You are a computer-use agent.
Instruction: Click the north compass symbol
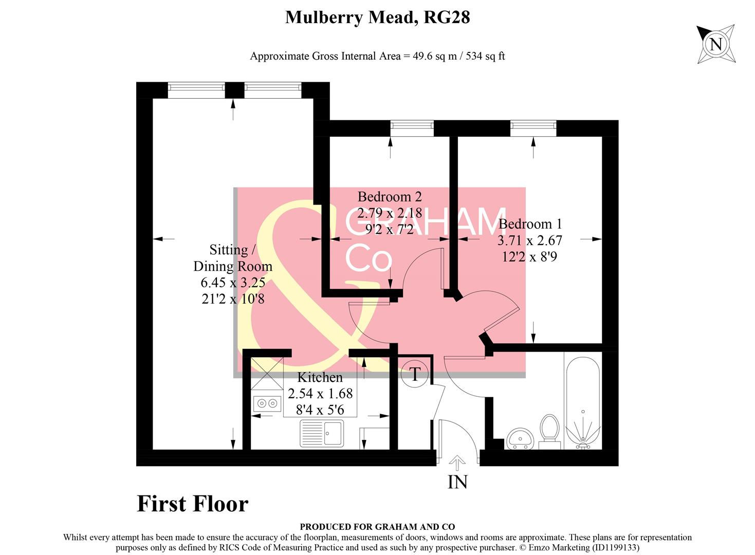pyautogui.click(x=715, y=44)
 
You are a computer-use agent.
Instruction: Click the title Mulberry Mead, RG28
pyautogui.click(x=377, y=17)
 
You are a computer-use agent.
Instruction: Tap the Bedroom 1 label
pyautogui.click(x=530, y=224)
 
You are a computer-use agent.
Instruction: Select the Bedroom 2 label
pyautogui.click(x=390, y=196)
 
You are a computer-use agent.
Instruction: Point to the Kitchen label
pyautogui.click(x=320, y=377)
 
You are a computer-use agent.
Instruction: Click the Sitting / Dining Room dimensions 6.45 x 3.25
pyautogui.click(x=233, y=282)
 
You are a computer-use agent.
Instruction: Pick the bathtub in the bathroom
pyautogui.click(x=582, y=401)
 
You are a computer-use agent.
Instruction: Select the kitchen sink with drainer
pyautogui.click(x=322, y=433)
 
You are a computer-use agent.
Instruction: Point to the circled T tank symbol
pyautogui.click(x=415, y=373)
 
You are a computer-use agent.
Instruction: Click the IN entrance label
pyautogui.click(x=457, y=482)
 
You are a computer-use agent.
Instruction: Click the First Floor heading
pyautogui.click(x=192, y=504)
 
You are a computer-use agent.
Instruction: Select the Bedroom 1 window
pyautogui.click(x=533, y=127)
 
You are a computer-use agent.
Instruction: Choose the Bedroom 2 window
pyautogui.click(x=412, y=127)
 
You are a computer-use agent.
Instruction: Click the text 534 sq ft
pyautogui.click(x=485, y=56)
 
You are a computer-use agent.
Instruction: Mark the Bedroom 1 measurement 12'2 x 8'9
pyautogui.click(x=529, y=256)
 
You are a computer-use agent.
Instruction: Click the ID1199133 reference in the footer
pyautogui.click(x=613, y=548)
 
